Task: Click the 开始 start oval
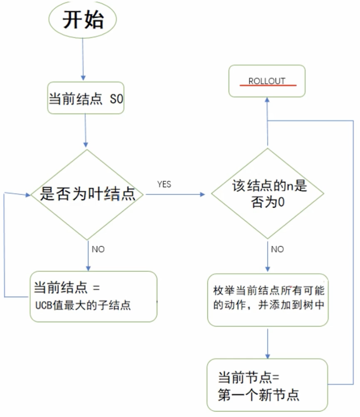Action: pyautogui.click(x=83, y=20)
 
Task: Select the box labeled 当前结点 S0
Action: pyautogui.click(x=86, y=98)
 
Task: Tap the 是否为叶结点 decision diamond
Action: pyautogui.click(x=88, y=194)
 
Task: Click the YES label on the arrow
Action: pyautogui.click(x=164, y=185)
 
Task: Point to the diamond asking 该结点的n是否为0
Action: pyautogui.click(x=268, y=194)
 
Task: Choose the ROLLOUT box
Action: pyautogui.click(x=267, y=81)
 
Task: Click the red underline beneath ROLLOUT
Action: pyautogui.click(x=267, y=86)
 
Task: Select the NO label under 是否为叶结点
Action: pyautogui.click(x=98, y=249)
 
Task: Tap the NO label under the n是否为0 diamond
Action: pyautogui.click(x=277, y=249)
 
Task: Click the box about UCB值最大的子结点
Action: pyautogui.click(x=93, y=296)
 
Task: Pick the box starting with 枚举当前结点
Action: pyautogui.click(x=268, y=300)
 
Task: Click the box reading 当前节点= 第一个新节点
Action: pyautogui.click(x=267, y=385)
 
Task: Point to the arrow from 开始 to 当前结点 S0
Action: pyautogui.click(x=83, y=58)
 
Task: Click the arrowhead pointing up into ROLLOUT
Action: pyautogui.click(x=267, y=100)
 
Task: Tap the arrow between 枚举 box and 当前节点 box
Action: pyautogui.click(x=268, y=341)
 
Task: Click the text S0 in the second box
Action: pyautogui.click(x=117, y=99)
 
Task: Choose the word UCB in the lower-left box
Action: pyautogui.click(x=43, y=305)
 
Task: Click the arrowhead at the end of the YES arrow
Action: pyautogui.click(x=202, y=194)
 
